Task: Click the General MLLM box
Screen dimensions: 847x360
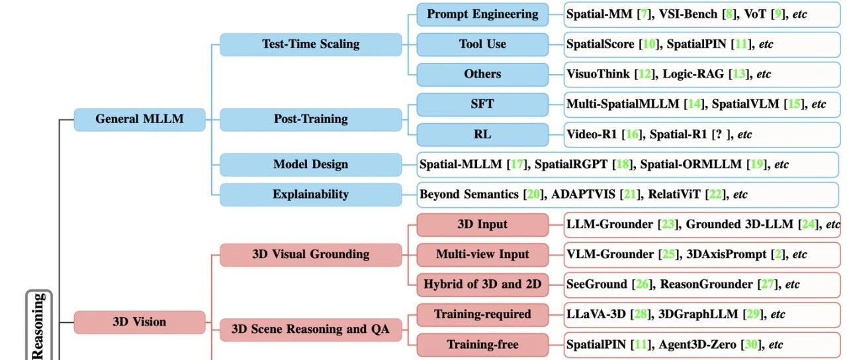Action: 139,120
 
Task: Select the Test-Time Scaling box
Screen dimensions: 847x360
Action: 310,44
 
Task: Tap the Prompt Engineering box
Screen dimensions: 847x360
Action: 482,14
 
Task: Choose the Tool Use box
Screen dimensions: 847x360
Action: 482,44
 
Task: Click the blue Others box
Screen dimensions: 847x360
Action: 482,74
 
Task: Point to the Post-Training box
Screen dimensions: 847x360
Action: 310,119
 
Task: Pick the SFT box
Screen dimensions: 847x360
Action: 482,104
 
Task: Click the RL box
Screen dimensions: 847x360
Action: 482,134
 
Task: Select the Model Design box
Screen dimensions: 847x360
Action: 310,164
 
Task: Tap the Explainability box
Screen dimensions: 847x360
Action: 310,195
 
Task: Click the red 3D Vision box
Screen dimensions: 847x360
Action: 139,322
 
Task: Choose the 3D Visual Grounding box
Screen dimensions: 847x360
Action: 310,254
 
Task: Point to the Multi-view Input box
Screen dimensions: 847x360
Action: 482,254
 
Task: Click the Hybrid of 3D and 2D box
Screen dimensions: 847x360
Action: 482,285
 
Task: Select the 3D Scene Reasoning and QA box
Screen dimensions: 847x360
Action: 310,329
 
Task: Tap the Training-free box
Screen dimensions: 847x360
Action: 482,345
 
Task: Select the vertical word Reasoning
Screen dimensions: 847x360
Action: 38,328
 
